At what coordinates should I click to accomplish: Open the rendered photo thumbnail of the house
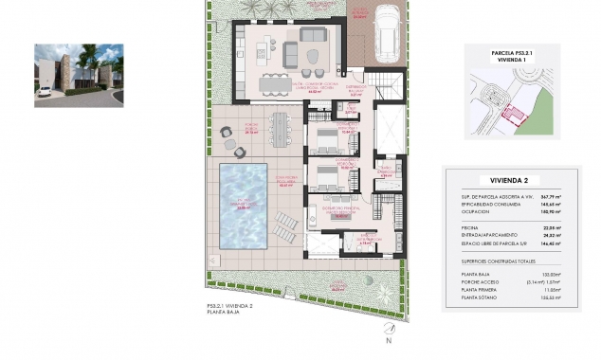79,75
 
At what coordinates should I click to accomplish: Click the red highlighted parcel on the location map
511,115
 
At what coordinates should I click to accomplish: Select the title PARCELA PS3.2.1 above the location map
510,53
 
